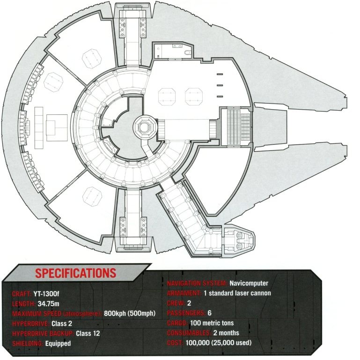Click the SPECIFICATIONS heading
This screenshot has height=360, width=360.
[76, 273]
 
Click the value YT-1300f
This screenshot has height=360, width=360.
[46, 294]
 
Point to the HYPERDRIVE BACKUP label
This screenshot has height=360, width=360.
[43, 333]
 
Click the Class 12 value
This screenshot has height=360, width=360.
[88, 333]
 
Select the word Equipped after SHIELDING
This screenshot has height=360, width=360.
[58, 343]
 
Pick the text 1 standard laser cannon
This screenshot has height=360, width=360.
[237, 293]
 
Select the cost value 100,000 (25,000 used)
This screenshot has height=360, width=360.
[219, 343]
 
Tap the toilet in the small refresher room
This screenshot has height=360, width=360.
[189, 53]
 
